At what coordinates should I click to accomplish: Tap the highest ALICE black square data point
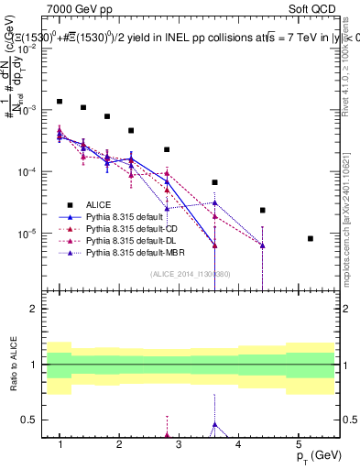(60, 102)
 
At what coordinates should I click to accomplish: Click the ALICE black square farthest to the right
(311, 238)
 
